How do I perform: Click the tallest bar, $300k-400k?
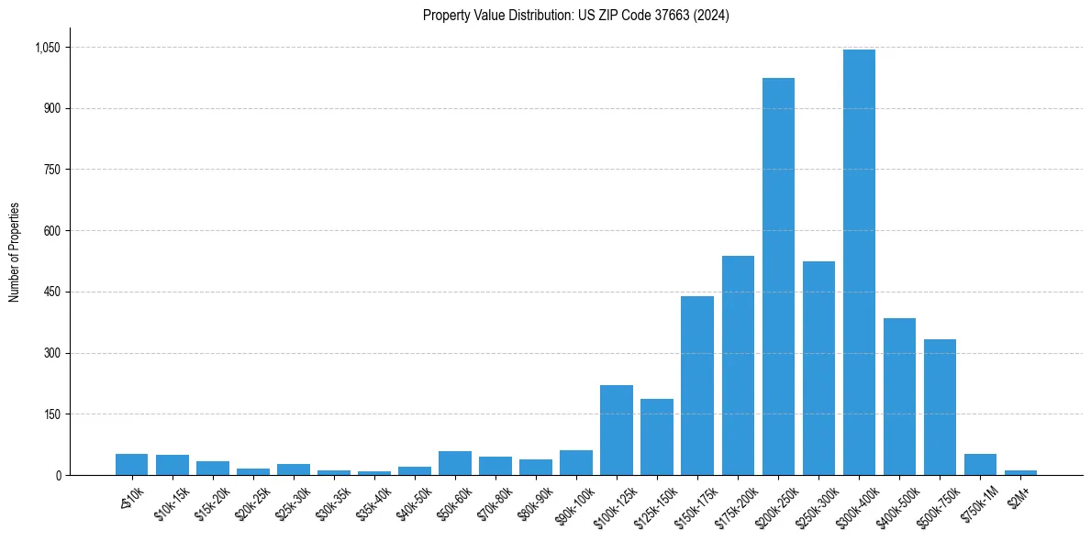point(859,262)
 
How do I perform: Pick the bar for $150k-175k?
point(697,385)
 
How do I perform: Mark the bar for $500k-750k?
point(940,407)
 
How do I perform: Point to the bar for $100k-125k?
point(617,430)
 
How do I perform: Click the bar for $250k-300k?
point(818,368)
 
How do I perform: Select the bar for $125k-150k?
point(657,436)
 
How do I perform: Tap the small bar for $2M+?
point(1020,472)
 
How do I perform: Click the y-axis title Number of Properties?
point(14,252)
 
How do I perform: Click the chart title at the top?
point(575,15)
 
